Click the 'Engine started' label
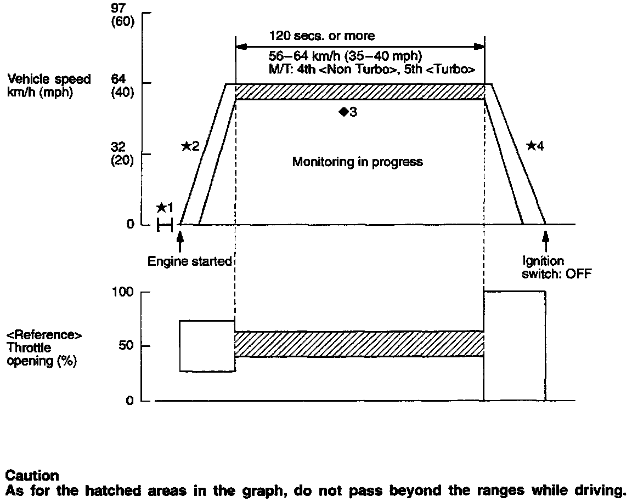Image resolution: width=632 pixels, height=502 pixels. [x=190, y=261]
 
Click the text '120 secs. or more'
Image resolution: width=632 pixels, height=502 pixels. [x=322, y=36]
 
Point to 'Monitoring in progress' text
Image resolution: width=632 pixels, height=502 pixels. [x=357, y=162]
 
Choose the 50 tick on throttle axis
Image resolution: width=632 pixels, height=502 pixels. [x=127, y=346]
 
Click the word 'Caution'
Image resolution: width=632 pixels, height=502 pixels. [x=32, y=475]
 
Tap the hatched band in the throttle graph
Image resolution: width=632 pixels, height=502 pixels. [x=359, y=344]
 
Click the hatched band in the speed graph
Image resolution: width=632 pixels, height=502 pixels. [x=359, y=91]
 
